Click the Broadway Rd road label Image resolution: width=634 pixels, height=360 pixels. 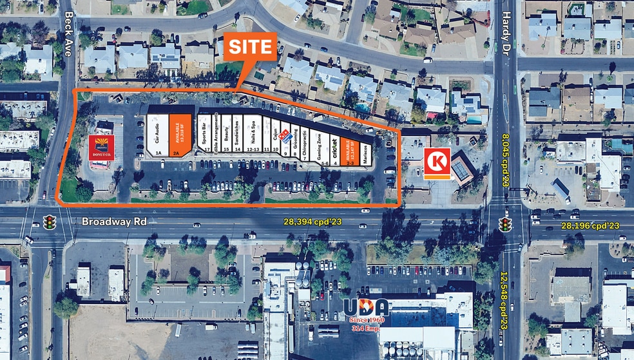[x=113, y=222]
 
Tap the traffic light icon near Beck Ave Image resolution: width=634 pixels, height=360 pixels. [x=49, y=222]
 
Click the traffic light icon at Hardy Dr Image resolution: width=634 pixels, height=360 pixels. [x=506, y=224]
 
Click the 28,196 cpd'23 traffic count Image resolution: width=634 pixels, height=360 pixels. [x=590, y=225]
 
